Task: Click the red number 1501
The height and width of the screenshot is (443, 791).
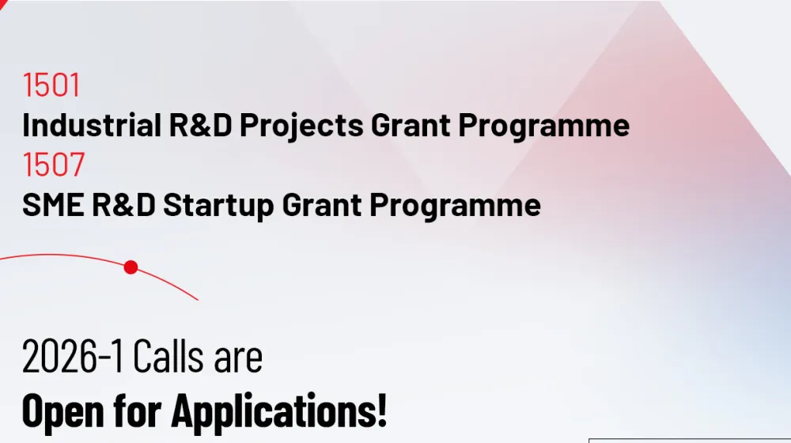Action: pos(51,85)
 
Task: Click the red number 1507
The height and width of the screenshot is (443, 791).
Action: pos(53,165)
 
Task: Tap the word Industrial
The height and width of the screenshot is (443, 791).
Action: pos(92,125)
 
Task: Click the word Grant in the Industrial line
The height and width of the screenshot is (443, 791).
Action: pos(411,125)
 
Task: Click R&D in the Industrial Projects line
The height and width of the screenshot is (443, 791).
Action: pos(200,125)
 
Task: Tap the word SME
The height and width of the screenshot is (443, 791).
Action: pos(53,204)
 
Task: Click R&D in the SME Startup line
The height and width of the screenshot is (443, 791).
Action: pos(123,204)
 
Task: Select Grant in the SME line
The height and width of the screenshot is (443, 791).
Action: pos(321,205)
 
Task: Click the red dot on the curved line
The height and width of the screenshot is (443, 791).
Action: pos(131,267)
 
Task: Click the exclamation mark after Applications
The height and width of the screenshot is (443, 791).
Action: pos(382,411)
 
